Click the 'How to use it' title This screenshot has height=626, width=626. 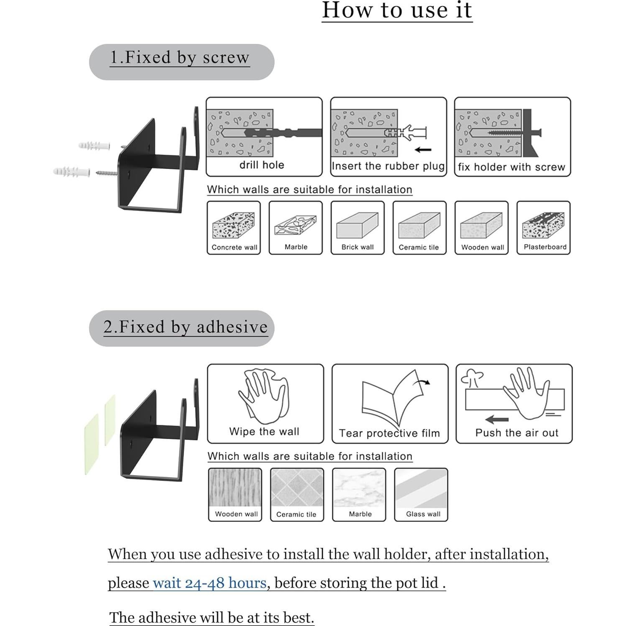click(x=397, y=10)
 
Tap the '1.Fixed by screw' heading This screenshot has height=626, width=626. click(x=180, y=57)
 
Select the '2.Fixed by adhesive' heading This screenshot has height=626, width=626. click(x=185, y=327)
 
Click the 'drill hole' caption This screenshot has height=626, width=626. click(x=262, y=165)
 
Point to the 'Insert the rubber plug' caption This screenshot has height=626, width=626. click(x=388, y=166)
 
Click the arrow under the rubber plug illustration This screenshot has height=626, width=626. click(x=423, y=150)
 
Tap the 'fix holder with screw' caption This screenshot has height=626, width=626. click(x=511, y=167)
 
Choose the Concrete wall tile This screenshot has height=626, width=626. click(x=234, y=228)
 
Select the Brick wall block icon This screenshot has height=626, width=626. click(x=358, y=225)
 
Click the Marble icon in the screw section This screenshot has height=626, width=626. click(x=296, y=225)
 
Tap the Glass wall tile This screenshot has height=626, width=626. click(x=421, y=495)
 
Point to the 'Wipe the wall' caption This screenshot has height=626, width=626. click(x=264, y=432)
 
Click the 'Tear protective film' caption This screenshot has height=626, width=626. click(x=389, y=433)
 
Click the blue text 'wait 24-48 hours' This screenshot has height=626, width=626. click(x=210, y=583)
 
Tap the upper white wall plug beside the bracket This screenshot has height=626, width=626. click(x=94, y=146)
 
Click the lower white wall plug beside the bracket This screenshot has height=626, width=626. click(x=72, y=171)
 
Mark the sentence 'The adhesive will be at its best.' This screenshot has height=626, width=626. click(x=212, y=618)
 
